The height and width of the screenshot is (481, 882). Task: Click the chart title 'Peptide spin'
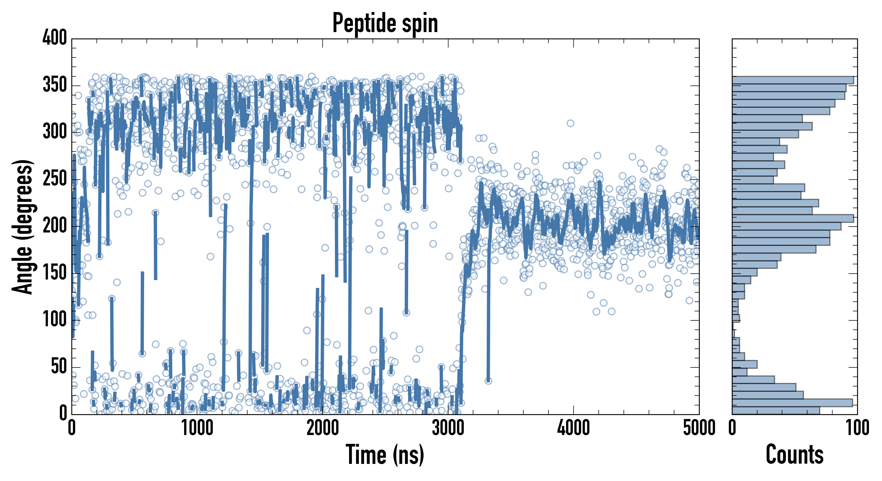(x=385, y=23)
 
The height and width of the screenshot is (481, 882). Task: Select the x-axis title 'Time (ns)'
(x=385, y=455)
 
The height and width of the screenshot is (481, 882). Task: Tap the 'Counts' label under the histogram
(x=794, y=455)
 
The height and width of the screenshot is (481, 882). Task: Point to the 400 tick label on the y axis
(x=55, y=38)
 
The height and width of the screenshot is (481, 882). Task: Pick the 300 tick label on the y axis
(x=55, y=132)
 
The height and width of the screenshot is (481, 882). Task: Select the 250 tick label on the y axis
(x=55, y=179)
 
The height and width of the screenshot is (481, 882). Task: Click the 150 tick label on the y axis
(x=55, y=273)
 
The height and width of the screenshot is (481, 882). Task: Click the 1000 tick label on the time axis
(x=197, y=428)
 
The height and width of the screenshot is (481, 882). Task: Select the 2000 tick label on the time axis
(x=323, y=428)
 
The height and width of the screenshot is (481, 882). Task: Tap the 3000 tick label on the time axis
(x=448, y=428)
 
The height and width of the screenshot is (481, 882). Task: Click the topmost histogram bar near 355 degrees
(x=793, y=80)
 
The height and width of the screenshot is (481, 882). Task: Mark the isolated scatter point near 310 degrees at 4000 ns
(x=570, y=123)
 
